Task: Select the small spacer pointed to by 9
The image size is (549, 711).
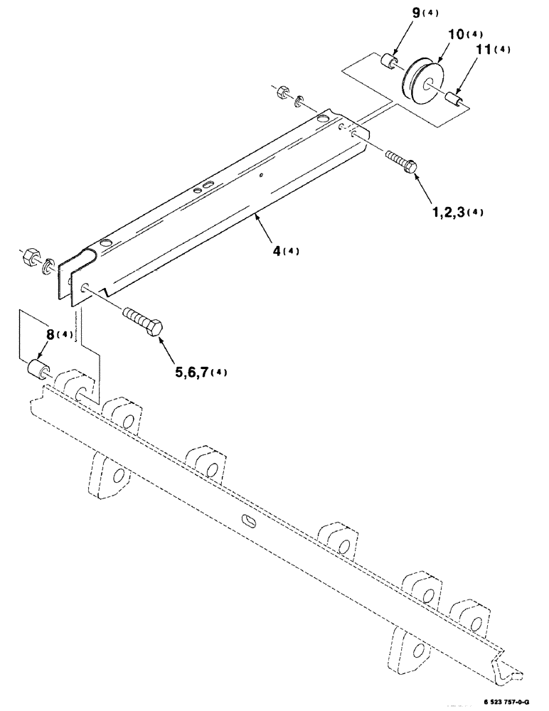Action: click(x=388, y=62)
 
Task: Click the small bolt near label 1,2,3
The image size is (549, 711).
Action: click(x=401, y=161)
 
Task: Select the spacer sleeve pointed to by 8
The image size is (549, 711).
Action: click(x=38, y=370)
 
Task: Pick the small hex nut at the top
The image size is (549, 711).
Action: click(x=281, y=91)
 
